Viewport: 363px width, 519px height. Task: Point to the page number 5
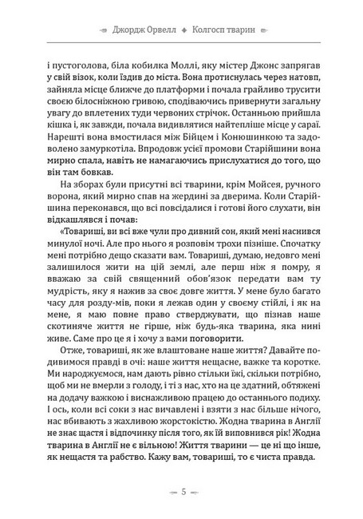[182, 490]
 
